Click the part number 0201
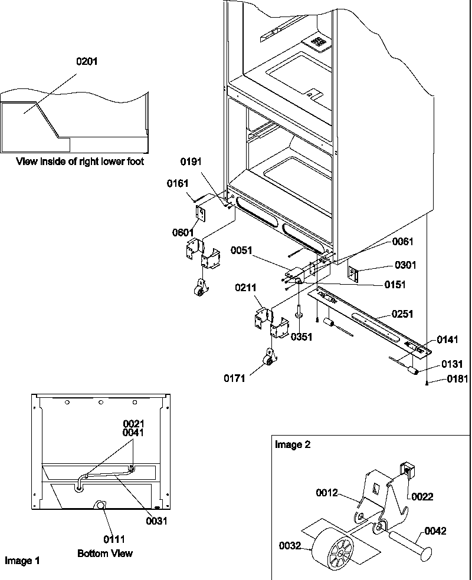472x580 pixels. click(87, 61)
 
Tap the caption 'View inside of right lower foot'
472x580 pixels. click(80, 161)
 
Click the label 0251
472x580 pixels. click(402, 314)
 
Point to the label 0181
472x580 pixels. click(457, 379)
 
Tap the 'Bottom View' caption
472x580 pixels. click(105, 553)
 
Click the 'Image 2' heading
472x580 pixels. click(292, 445)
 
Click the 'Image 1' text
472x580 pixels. click(22, 561)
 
